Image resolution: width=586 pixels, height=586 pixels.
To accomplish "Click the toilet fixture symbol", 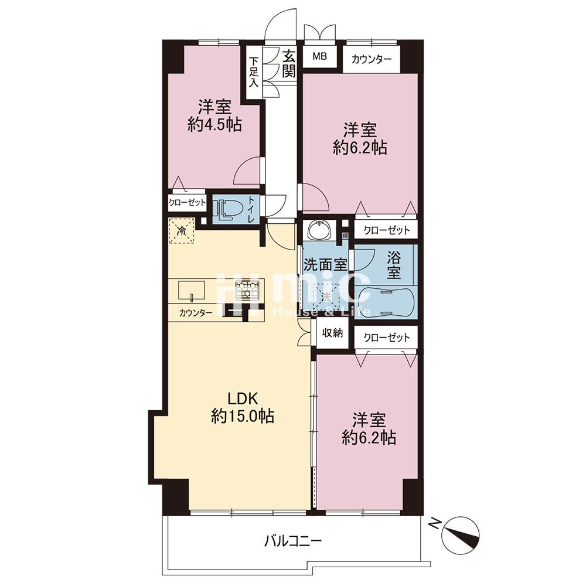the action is (x=226, y=210).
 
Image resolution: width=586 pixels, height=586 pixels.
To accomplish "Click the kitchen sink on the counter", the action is (x=192, y=291).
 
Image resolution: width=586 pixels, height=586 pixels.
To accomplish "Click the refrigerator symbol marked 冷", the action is (x=182, y=231).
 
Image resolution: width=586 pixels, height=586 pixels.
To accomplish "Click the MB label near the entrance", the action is (x=319, y=56).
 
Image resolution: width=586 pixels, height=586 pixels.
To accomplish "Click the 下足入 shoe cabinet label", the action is (x=254, y=71).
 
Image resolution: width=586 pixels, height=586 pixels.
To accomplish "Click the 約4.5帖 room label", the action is (x=214, y=125).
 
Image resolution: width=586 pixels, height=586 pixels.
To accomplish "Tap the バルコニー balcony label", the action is (x=293, y=541).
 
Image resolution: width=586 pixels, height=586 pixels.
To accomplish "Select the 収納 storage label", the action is (x=332, y=332).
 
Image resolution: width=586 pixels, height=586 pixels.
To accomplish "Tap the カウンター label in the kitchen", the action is (x=196, y=313).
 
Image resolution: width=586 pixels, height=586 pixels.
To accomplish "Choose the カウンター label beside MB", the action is (x=372, y=59).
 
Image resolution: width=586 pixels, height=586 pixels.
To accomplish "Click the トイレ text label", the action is (x=251, y=210).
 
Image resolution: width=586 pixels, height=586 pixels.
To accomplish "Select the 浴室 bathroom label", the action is (x=394, y=265).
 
